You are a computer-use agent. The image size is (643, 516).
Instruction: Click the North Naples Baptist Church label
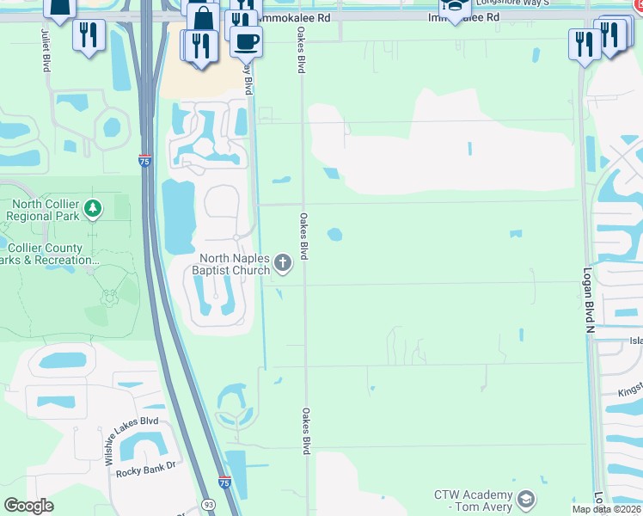223,265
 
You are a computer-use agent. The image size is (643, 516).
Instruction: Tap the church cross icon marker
285,260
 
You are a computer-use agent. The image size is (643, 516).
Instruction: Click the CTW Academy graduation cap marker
525,499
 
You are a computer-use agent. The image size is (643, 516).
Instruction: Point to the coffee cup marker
247,40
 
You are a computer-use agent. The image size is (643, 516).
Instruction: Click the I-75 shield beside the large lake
144,160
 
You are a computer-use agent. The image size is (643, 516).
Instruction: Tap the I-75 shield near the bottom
224,483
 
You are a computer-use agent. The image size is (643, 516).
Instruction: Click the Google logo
29,506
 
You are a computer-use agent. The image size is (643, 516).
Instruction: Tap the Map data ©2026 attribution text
607,509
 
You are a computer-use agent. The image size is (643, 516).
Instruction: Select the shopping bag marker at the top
203,19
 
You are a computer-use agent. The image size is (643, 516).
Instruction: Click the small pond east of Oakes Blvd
334,234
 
